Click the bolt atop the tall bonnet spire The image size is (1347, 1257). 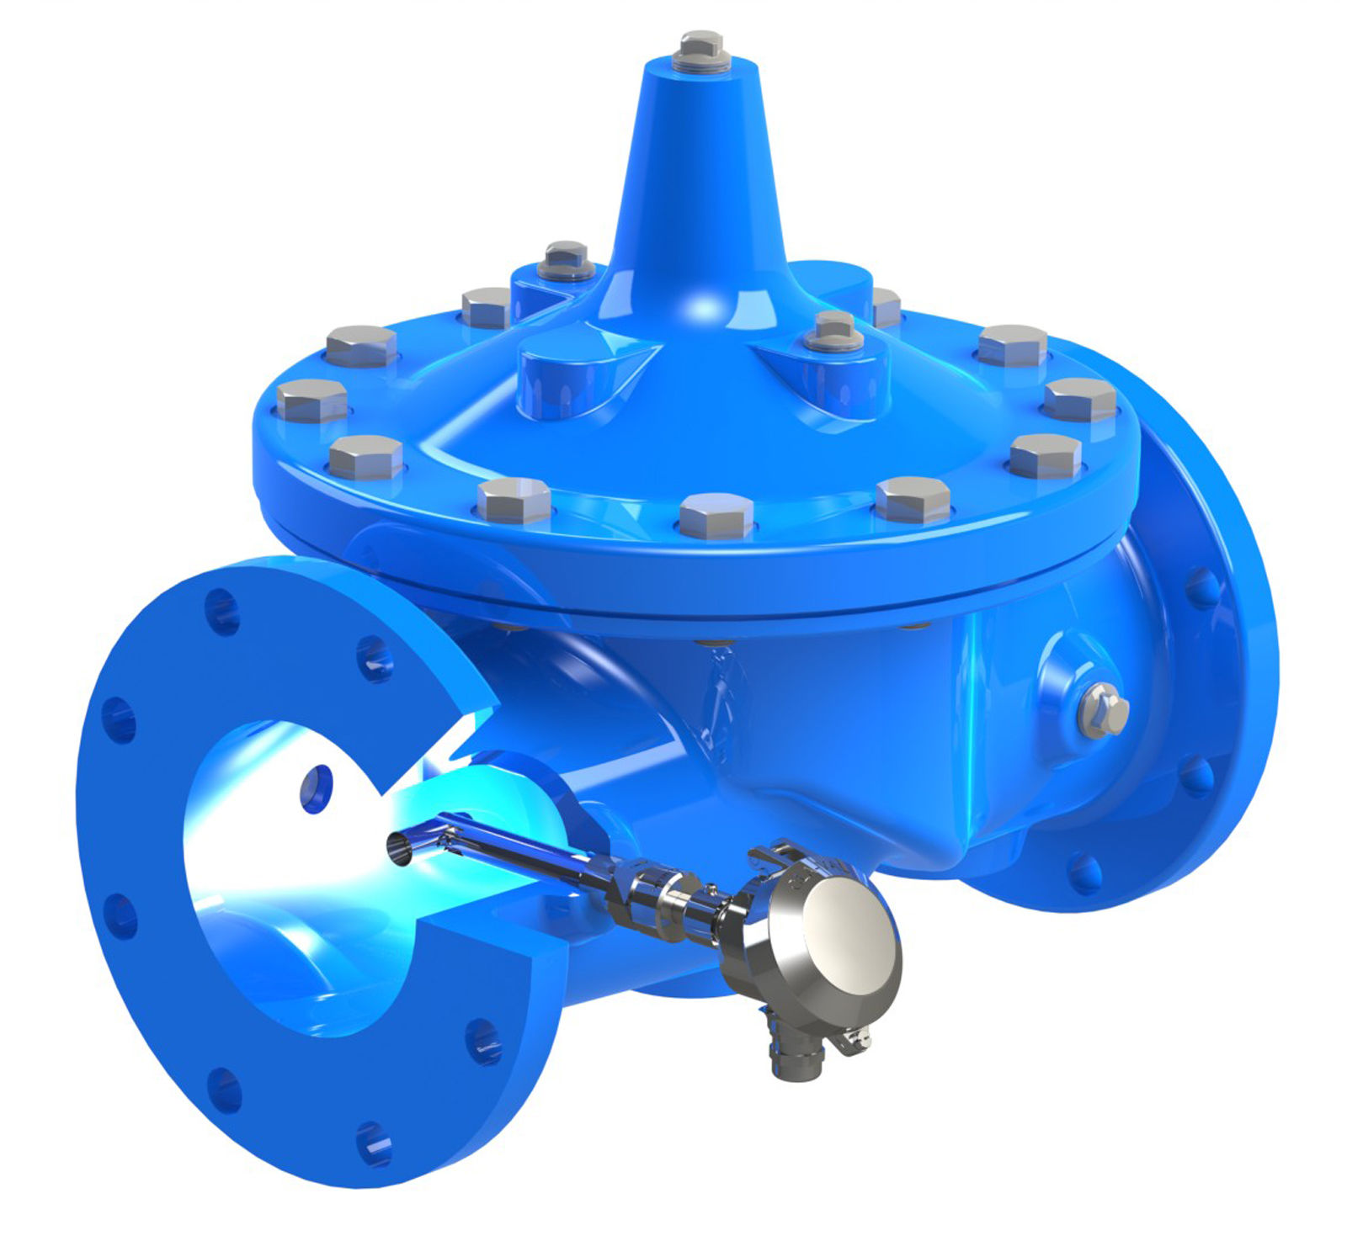click(x=701, y=49)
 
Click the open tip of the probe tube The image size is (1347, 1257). click(x=399, y=847)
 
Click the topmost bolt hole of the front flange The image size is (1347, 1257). click(x=221, y=610)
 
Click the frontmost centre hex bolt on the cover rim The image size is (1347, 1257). click(x=716, y=515)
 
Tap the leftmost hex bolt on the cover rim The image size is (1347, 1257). click(x=311, y=400)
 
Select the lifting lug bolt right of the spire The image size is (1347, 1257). click(x=835, y=330)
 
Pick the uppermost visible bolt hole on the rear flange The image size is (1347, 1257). click(x=1202, y=586)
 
